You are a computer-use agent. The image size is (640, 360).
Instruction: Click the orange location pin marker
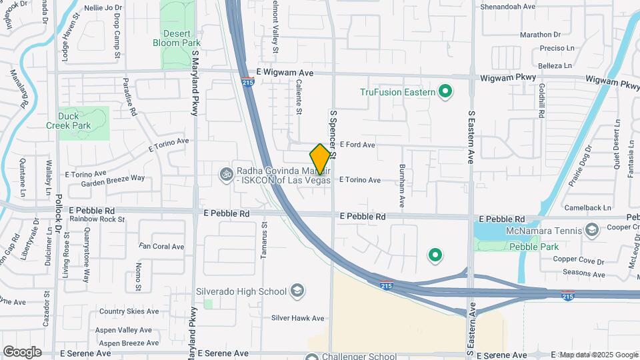pyautogui.click(x=320, y=159)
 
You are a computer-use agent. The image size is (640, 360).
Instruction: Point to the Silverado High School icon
pyautogui.click(x=297, y=291)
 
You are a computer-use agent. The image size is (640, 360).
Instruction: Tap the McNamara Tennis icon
pyautogui.click(x=590, y=230)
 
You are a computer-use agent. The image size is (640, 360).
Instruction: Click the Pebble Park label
pyautogui.click(x=533, y=247)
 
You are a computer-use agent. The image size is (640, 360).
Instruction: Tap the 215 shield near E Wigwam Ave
pyautogui.click(x=247, y=83)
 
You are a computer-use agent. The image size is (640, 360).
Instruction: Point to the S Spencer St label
pyautogui.click(x=333, y=134)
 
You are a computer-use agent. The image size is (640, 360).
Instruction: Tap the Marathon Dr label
pyautogui.click(x=540, y=35)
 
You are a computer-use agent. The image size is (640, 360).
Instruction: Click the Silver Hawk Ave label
pyautogui.click(x=297, y=318)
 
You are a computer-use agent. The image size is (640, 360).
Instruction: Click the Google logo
pyautogui.click(x=22, y=351)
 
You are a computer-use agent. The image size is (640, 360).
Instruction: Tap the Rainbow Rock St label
pyautogui.click(x=97, y=219)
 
